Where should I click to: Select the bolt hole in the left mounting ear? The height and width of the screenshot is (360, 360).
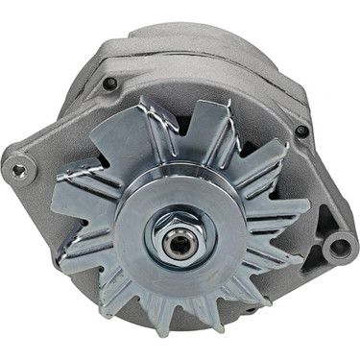tap(17, 170)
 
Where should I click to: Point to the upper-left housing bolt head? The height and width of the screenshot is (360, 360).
tap(110, 84)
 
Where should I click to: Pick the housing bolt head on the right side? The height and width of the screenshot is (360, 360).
tap(302, 132)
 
